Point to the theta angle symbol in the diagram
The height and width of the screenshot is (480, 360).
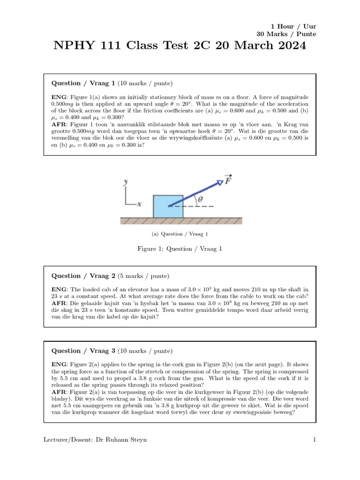201,200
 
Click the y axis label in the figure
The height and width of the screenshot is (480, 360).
125,183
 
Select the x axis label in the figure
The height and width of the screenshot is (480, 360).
139,204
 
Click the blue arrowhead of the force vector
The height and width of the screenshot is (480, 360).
219,182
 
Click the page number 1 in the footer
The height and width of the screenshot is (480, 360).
315,439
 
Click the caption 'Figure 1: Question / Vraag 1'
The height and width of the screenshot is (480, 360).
180,248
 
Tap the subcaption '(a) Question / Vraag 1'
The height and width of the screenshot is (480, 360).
180,233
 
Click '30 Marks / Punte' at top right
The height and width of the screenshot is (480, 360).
286,34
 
